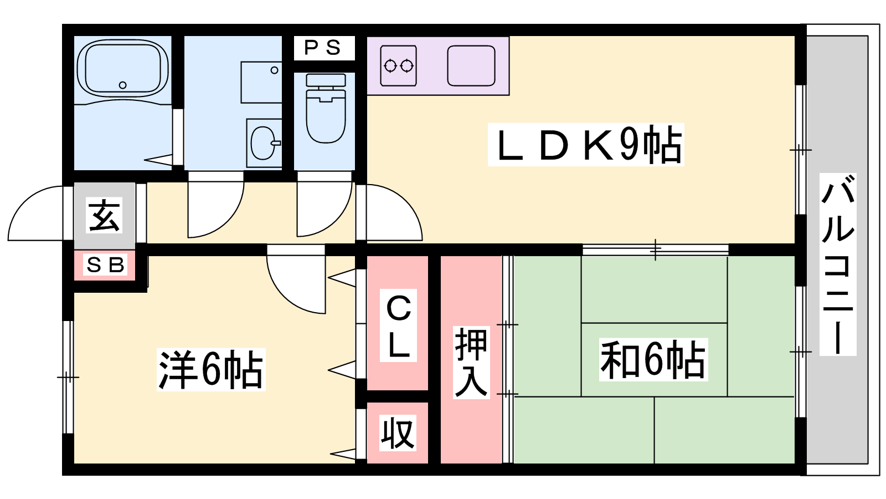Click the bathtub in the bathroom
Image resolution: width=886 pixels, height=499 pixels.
(x=122, y=68)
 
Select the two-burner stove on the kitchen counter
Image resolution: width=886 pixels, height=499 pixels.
(x=399, y=66)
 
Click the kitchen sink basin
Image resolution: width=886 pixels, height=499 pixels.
(x=471, y=66)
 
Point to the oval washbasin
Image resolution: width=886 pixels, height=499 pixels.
(x=262, y=142)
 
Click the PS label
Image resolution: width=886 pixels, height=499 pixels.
(x=323, y=48)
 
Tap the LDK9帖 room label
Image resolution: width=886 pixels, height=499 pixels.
(x=586, y=145)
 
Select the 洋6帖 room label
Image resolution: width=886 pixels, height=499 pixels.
(x=211, y=370)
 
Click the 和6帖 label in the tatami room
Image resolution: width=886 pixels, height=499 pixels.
(x=653, y=360)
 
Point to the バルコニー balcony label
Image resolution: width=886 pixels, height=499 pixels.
(x=838, y=264)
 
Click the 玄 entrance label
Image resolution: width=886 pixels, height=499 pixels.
(x=105, y=216)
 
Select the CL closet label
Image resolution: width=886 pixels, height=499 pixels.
(x=399, y=327)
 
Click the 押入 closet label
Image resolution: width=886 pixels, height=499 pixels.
(x=471, y=362)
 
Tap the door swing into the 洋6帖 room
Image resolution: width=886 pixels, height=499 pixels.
(x=293, y=283)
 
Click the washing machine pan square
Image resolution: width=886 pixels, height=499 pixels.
(x=261, y=82)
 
